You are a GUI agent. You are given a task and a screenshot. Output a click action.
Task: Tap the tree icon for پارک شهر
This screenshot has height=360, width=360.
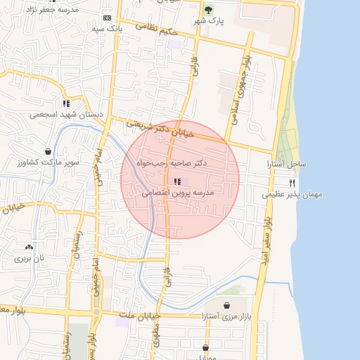[x=207, y=10]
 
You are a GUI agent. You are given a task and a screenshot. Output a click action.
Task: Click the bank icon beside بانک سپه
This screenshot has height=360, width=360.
[x=107, y=18]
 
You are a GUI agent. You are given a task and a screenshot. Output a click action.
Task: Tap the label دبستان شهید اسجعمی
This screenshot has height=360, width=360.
[x=66, y=113]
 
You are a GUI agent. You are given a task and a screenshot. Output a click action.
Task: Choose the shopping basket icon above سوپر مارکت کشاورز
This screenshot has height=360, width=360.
[x=48, y=151]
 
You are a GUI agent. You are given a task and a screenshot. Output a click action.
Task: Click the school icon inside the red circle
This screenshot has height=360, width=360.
[x=176, y=181]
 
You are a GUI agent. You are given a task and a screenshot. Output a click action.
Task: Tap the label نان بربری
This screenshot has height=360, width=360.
[x=29, y=258]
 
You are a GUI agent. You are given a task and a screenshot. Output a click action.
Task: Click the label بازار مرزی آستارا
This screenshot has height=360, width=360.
[x=226, y=316]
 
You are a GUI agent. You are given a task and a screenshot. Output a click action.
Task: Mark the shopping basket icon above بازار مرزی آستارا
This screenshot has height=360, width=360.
[x=227, y=305]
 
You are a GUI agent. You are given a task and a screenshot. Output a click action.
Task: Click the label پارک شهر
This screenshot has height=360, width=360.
[x=209, y=22]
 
